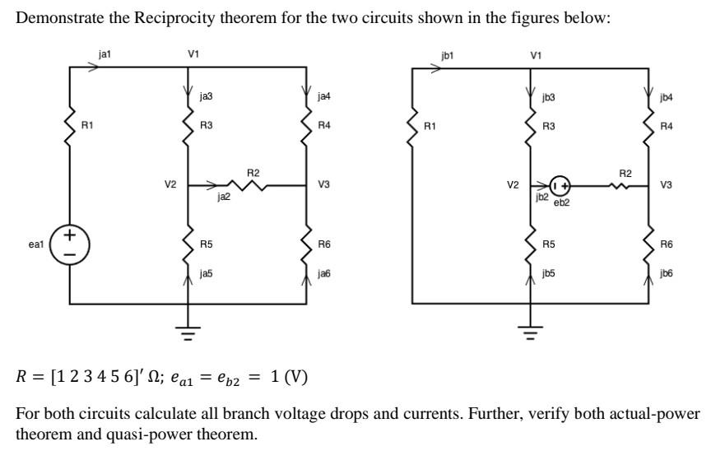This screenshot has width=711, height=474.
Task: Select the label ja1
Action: [105, 53]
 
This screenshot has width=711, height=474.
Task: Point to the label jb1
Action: [447, 56]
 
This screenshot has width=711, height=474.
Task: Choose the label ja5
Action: [207, 273]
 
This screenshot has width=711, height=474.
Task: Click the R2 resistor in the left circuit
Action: [253, 186]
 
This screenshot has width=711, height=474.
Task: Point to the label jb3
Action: [549, 97]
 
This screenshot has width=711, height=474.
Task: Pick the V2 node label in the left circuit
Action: [170, 185]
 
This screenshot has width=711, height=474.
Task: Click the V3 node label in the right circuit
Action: [666, 185]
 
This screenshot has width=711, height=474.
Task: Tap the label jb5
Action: [549, 273]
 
